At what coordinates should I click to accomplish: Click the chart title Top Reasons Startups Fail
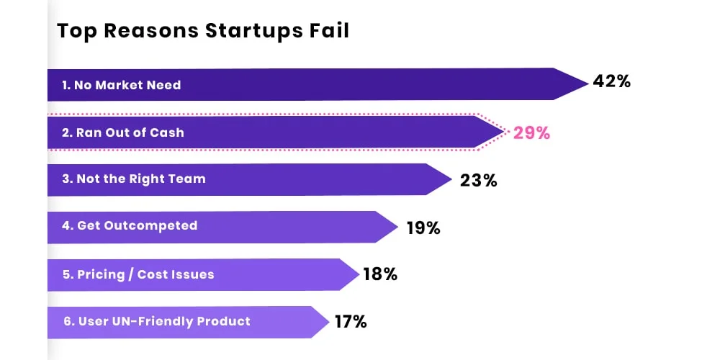pyautogui.click(x=203, y=31)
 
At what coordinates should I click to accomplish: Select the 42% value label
pyautogui.click(x=611, y=81)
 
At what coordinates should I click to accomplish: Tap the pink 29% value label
pyautogui.click(x=531, y=132)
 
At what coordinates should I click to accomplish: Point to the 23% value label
pyautogui.click(x=479, y=180)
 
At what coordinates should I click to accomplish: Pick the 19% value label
pyautogui.click(x=423, y=228)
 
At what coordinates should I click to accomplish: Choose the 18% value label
pyautogui.click(x=381, y=274)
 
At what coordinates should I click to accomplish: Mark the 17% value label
pyautogui.click(x=351, y=322)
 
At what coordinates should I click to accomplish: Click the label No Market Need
pyautogui.click(x=121, y=85)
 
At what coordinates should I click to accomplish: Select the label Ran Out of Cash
pyautogui.click(x=122, y=132)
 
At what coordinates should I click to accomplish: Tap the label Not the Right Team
pyautogui.click(x=133, y=179)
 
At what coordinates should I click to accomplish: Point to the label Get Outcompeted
pyautogui.click(x=129, y=225)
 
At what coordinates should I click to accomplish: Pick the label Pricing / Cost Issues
pyautogui.click(x=138, y=274)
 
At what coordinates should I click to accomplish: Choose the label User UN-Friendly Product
pyautogui.click(x=156, y=321)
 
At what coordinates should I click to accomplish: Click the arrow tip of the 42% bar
pyautogui.click(x=585, y=84)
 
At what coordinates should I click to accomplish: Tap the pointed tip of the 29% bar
pyautogui.click(x=501, y=132)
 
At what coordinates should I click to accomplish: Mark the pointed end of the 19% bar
pyautogui.click(x=395, y=227)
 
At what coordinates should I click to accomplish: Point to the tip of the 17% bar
pyautogui.click(x=328, y=322)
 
